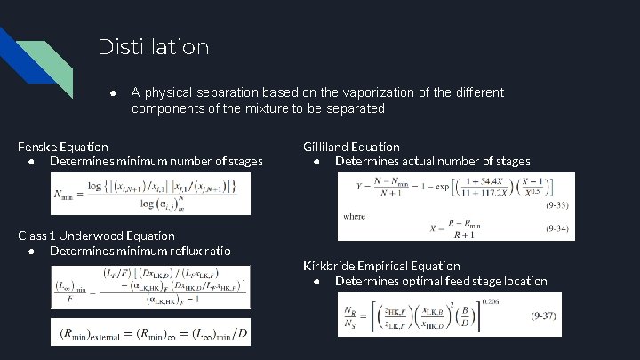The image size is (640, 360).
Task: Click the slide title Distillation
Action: click(x=153, y=46)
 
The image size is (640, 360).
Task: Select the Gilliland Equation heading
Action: click(x=351, y=147)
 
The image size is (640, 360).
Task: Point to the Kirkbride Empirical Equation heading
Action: click(x=381, y=266)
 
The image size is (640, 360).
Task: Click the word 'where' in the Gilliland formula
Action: click(x=354, y=216)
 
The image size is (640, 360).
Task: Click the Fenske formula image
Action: click(x=149, y=193)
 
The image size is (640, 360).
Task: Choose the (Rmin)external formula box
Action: click(x=149, y=332)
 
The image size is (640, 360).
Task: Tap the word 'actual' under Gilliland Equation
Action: click(x=421, y=162)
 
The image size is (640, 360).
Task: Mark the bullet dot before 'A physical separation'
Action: click(x=112, y=93)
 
